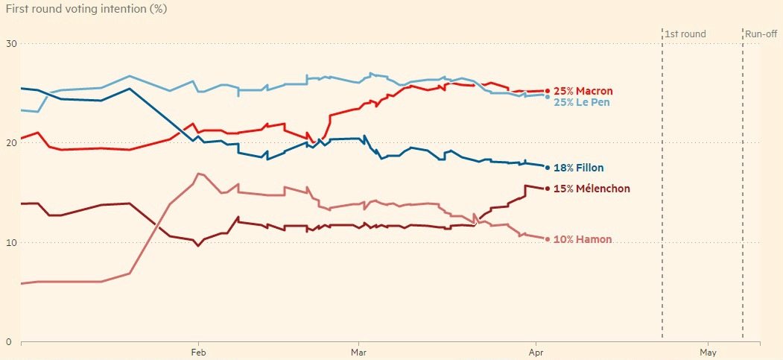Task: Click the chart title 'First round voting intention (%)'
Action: [86, 9]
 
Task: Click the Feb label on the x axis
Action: [198, 352]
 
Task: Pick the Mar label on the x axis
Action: [358, 352]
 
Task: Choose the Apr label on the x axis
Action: [534, 352]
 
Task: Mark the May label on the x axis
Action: [708, 352]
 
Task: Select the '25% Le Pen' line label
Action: [582, 101]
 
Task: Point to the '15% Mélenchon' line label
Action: [592, 189]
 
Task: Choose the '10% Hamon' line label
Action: [583, 239]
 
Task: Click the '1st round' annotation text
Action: [685, 34]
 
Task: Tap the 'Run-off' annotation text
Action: [761, 34]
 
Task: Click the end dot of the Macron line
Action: [548, 91]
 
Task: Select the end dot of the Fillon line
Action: [548, 168]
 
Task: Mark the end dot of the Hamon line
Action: [548, 239]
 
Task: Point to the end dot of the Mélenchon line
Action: [548, 189]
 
